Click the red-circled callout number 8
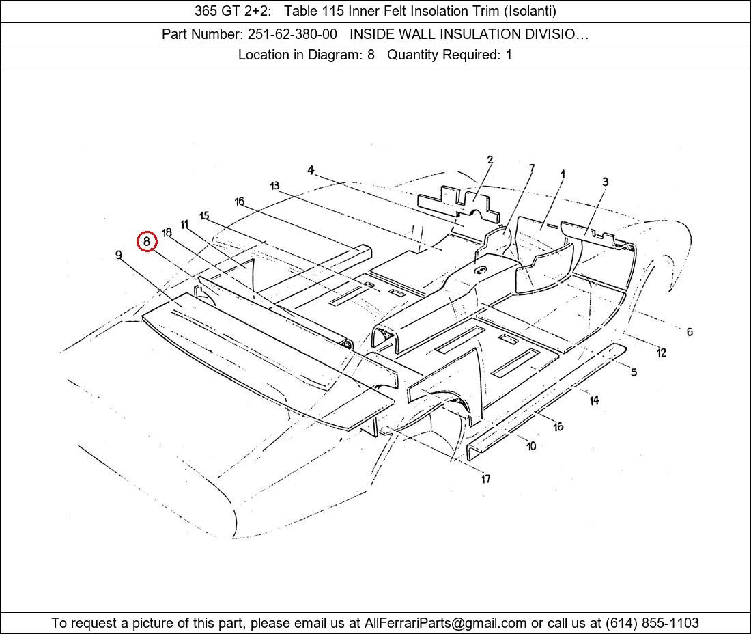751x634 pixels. [x=147, y=241]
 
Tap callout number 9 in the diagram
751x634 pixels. [x=118, y=255]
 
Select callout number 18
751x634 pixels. [x=167, y=233]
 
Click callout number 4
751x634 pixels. [x=311, y=170]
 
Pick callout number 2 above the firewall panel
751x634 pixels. [x=490, y=160]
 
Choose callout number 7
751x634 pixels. [x=532, y=168]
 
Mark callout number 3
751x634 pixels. [x=606, y=182]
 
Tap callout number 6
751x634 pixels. [x=690, y=331]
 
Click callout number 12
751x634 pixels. [x=662, y=353]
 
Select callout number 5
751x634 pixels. [x=634, y=372]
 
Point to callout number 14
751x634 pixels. [x=595, y=400]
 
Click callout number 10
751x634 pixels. [x=531, y=446]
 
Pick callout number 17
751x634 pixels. [x=485, y=479]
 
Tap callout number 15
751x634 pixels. [x=205, y=216]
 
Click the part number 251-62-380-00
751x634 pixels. [x=292, y=34]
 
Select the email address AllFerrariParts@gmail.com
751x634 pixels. [x=445, y=623]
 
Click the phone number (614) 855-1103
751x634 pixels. [x=652, y=623]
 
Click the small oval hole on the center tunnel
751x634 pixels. [x=480, y=271]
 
